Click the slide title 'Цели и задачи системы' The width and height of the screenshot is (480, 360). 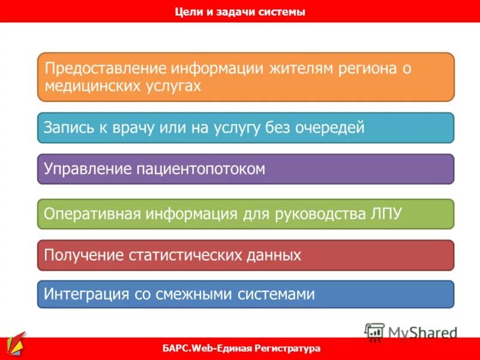click(x=240, y=11)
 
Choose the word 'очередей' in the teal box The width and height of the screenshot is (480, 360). click(x=329, y=127)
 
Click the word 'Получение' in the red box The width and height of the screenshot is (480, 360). click(x=82, y=256)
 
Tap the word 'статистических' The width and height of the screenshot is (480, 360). click(x=184, y=256)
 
